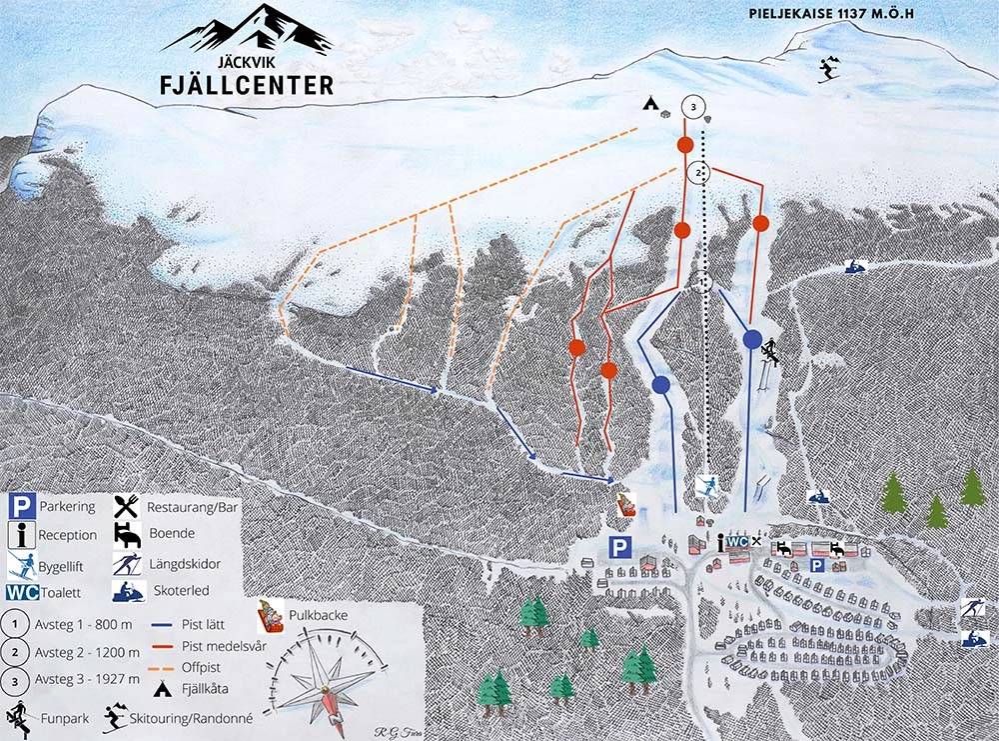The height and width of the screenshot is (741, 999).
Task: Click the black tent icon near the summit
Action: point(650,103)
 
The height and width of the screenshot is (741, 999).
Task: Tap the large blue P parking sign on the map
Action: point(621,547)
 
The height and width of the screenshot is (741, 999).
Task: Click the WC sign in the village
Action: point(737,542)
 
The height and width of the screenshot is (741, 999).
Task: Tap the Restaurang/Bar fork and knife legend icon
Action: point(128,506)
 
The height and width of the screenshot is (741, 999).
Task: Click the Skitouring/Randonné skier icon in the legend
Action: point(115,716)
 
